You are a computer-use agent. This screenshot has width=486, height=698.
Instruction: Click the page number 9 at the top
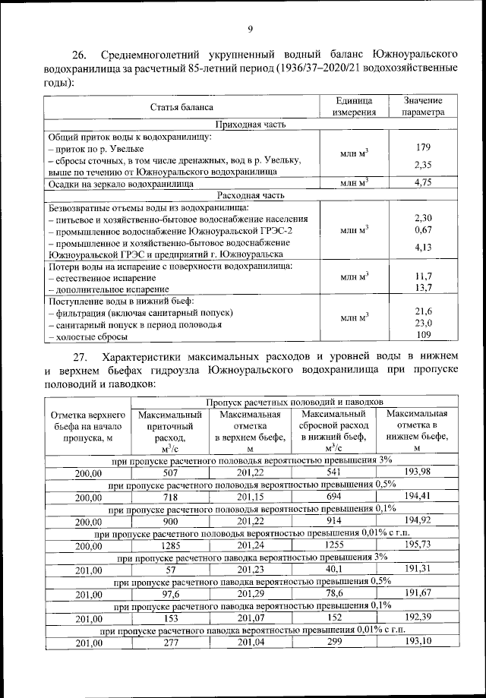(x=249, y=30)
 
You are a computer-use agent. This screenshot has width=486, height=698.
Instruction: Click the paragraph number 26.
(x=80, y=55)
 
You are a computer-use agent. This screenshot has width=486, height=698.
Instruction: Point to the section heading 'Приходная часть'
(x=250, y=124)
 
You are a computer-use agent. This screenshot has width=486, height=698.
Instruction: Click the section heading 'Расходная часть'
(x=250, y=195)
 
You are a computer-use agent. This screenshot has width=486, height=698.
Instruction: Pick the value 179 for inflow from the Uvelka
(x=424, y=147)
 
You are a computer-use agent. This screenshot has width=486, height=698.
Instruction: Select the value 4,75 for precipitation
(x=424, y=183)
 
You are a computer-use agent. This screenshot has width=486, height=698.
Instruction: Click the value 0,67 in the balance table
(x=424, y=229)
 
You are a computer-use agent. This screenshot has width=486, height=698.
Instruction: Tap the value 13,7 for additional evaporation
(x=424, y=288)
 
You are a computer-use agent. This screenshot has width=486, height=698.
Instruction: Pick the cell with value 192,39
(x=418, y=619)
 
